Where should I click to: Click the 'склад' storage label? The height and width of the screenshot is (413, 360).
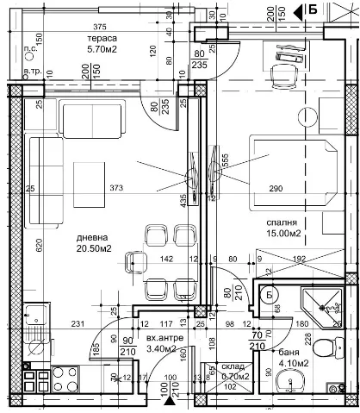[233, 366]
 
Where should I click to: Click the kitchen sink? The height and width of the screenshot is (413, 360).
[34, 323]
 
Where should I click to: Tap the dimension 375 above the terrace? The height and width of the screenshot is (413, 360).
[101, 26]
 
